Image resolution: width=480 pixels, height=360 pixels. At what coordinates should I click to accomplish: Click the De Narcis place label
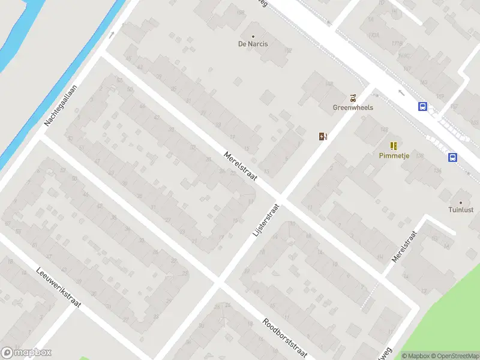coord(253,44)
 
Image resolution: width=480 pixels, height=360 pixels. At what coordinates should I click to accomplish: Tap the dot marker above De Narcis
coord(253,36)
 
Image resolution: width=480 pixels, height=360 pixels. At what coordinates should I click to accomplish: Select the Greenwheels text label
coord(353,107)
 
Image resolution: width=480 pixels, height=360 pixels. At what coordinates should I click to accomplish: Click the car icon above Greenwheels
coord(353,98)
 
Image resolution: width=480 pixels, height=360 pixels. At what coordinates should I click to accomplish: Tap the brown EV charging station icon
coord(323,136)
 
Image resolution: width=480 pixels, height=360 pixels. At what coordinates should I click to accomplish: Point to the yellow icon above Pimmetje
coord(394,145)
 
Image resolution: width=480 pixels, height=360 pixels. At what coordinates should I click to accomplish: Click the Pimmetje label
coord(394,155)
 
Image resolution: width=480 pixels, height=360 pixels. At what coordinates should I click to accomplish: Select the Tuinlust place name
coord(461,210)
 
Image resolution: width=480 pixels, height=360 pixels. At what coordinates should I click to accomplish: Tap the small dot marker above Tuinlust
coord(461,202)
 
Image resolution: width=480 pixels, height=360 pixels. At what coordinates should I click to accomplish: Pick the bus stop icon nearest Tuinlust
coord(452,158)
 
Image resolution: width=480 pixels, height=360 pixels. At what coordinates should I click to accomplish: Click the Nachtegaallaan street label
coord(61,106)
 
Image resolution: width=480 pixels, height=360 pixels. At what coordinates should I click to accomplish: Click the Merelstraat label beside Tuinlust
coord(404,246)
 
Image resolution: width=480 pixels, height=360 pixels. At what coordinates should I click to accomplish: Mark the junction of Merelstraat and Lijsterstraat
coord(280,199)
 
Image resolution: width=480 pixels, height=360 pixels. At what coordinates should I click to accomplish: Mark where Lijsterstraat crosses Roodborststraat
coord(218,281)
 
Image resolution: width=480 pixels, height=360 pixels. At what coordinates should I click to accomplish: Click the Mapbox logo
coord(26,353)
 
